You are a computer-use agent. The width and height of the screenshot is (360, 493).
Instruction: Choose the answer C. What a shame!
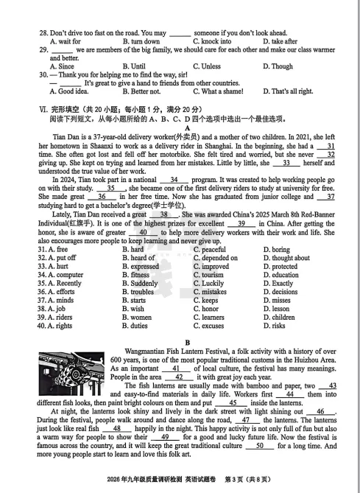click(x=220, y=91)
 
